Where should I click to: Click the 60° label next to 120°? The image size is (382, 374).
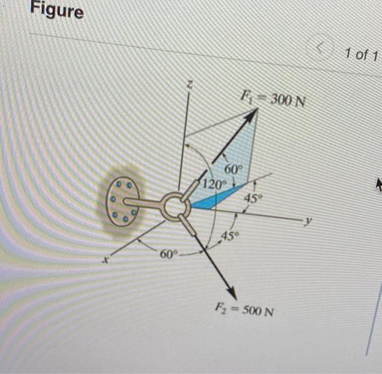(x=232, y=170)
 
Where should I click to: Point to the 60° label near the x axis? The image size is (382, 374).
(x=168, y=255)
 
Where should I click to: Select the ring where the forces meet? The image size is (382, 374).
(x=174, y=206)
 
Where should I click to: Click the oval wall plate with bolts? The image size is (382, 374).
(x=118, y=201)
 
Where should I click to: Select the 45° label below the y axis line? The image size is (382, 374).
(x=231, y=236)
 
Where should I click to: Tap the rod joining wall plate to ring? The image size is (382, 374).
(x=145, y=203)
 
